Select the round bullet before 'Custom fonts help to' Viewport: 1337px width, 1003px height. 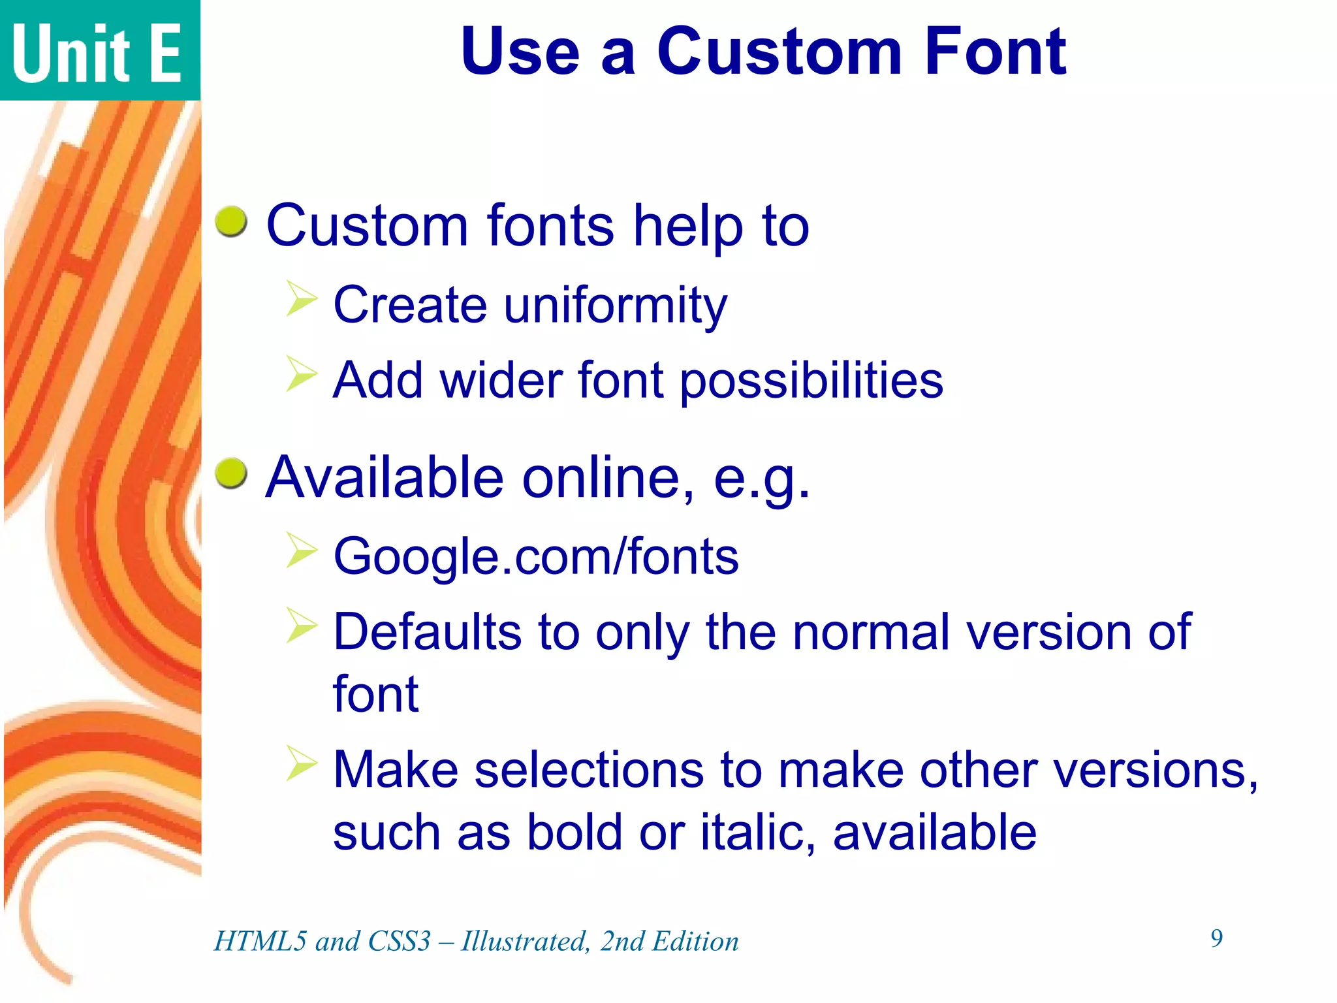tap(231, 222)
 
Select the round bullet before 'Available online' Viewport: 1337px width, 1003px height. tap(231, 473)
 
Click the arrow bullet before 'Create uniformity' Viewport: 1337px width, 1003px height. tap(301, 300)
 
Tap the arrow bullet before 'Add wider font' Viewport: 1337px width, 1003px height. tap(301, 375)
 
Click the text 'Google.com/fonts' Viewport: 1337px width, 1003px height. tap(535, 557)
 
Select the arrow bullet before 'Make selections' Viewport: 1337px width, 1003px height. tap(301, 763)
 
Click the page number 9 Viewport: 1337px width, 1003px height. tap(1216, 938)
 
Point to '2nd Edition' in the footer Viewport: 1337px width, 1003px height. tap(669, 942)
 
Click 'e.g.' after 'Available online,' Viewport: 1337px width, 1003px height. tap(761, 479)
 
